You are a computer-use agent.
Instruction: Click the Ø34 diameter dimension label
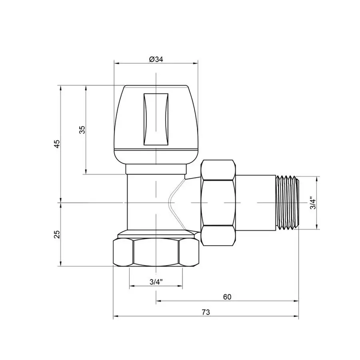[x=156, y=59]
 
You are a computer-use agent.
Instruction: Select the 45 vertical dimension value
[x=57, y=144]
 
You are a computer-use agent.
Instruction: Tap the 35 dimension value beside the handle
[x=82, y=130]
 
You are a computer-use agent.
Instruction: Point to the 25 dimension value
[x=57, y=234]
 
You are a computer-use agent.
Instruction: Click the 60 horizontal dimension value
[x=227, y=297]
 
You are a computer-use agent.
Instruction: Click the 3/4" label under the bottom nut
[x=156, y=282]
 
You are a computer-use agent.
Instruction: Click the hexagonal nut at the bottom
[x=156, y=252]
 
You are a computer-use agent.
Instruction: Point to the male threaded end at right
[x=287, y=203]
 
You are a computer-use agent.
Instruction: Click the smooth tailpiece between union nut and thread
[x=256, y=203]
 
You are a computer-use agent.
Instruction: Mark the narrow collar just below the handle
[x=156, y=170]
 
